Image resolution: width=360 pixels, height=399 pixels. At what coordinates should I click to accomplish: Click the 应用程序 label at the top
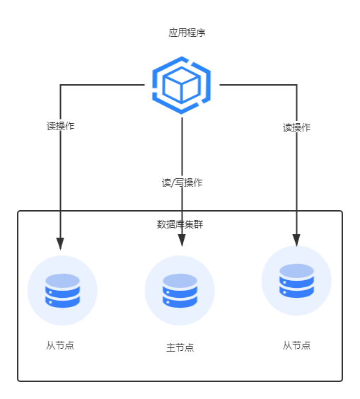click(187, 33)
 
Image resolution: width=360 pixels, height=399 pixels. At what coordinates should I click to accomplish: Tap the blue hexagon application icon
click(181, 85)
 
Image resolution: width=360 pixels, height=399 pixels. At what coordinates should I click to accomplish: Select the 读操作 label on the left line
click(60, 126)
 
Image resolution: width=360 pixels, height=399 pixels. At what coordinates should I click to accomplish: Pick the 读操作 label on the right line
click(296, 127)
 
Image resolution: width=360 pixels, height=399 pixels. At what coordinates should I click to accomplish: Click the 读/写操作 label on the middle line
click(182, 183)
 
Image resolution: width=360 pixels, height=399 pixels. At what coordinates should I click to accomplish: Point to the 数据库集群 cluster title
click(180, 224)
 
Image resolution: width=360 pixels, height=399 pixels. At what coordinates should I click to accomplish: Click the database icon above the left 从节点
click(62, 290)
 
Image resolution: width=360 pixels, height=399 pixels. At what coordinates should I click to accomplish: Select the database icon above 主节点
click(180, 290)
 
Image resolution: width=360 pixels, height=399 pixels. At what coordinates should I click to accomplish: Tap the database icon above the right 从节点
click(296, 280)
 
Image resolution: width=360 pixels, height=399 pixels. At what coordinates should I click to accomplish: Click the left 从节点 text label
click(60, 345)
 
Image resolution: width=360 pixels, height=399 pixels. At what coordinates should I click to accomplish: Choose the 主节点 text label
click(180, 347)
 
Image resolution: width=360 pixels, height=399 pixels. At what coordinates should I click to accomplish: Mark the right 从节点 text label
click(296, 345)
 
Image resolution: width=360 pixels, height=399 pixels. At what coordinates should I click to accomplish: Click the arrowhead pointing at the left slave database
click(60, 244)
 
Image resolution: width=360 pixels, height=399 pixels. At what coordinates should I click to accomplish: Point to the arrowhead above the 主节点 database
click(182, 241)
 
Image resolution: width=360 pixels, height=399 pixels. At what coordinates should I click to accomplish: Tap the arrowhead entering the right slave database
click(296, 241)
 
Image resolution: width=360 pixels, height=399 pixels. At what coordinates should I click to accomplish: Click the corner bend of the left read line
click(60, 85)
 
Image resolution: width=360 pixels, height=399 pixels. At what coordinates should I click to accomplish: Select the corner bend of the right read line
click(296, 85)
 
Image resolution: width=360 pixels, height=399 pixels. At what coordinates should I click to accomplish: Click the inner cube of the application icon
click(181, 85)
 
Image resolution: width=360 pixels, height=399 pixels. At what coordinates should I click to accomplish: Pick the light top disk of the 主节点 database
click(180, 281)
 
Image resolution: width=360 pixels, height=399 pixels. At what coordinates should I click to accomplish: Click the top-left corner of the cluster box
click(18, 211)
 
